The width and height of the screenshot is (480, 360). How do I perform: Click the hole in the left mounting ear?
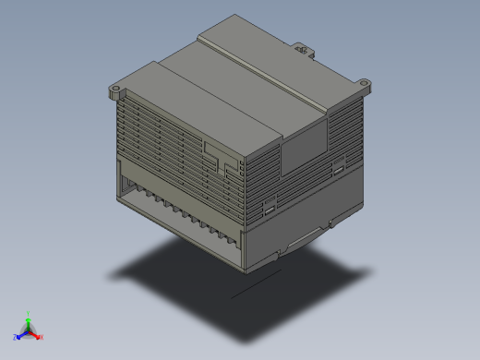pyautogui.click(x=115, y=92)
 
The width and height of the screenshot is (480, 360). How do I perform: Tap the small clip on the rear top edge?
pyautogui.click(x=301, y=45)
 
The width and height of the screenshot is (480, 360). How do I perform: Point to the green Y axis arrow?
pyautogui.click(x=29, y=317)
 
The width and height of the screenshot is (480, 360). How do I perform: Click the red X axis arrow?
pyautogui.click(x=39, y=337)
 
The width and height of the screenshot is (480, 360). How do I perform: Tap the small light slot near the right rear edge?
pyautogui.click(x=339, y=168)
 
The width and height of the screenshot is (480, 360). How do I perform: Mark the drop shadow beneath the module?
pyautogui.click(x=240, y=277)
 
